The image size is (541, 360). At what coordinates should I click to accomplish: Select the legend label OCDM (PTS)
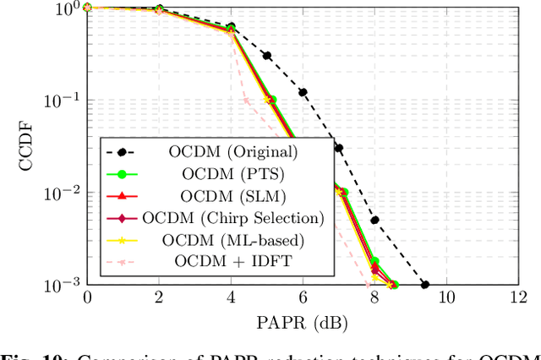point(232,175)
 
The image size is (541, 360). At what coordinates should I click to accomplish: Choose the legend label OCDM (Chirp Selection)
point(232,218)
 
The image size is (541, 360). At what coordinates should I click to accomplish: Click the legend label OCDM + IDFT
point(232,260)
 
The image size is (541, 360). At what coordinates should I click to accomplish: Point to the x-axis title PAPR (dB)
point(302,321)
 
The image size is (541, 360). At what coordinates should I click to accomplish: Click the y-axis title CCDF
point(28,145)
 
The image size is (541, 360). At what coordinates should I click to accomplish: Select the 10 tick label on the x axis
point(445,298)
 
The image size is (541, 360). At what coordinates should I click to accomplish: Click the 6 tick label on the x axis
point(302,298)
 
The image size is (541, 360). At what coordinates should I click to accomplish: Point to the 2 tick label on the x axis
point(159,298)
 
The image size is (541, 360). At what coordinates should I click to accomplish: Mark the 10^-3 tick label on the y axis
point(64,285)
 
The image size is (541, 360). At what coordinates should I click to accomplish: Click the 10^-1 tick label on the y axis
point(64,100)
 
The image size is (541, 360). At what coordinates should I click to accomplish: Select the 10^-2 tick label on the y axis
point(64,193)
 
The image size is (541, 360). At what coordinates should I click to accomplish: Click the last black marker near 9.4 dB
point(424,285)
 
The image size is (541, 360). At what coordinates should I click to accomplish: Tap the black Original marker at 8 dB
point(374,220)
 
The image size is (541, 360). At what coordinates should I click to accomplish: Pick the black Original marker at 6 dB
point(303,92)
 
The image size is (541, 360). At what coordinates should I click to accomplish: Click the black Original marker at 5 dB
point(266,56)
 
